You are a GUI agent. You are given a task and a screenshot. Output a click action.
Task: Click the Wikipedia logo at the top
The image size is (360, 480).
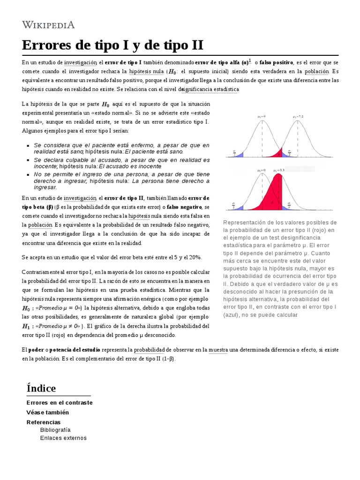pyautogui.click(x=48, y=24)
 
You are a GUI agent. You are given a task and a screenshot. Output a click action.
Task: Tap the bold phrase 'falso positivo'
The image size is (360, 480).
pyautogui.click(x=277, y=62)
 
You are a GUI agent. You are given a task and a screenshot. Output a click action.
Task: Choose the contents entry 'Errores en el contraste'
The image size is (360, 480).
pyautogui.click(x=59, y=403)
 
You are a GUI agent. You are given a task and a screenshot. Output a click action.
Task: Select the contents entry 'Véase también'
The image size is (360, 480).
pyautogui.click(x=47, y=412)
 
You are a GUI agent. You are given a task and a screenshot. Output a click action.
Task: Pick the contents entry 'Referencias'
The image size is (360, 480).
pyautogui.click(x=44, y=422)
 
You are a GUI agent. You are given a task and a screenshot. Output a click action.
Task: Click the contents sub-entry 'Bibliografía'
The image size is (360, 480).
pyautogui.click(x=55, y=430)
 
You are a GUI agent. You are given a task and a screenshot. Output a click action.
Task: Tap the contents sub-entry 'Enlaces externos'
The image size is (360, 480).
pyautogui.click(x=63, y=438)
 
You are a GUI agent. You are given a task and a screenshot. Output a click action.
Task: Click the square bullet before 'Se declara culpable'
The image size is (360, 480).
pyautogui.click(x=29, y=160)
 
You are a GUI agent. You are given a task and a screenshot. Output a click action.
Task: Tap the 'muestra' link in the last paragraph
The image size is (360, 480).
pyautogui.click(x=218, y=350)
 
